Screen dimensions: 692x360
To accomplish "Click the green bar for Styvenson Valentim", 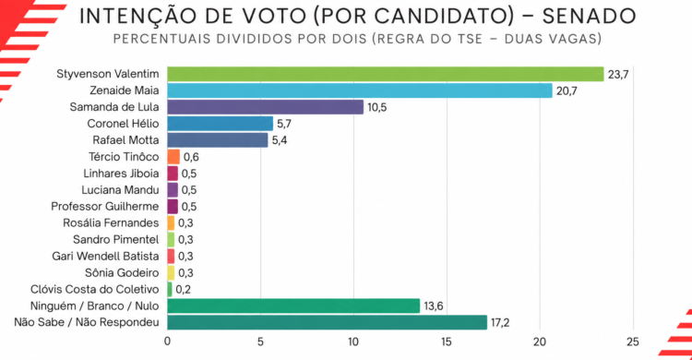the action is [386, 74].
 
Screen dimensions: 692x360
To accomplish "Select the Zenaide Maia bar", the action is [360, 90].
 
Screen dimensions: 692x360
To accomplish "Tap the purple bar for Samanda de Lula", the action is [265, 107].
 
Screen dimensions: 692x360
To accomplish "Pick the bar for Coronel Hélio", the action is [221, 124].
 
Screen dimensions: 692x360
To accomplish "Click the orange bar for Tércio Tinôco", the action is [173, 157].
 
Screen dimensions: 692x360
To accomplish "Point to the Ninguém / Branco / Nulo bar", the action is [293, 306].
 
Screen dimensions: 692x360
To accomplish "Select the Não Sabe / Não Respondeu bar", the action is [327, 322].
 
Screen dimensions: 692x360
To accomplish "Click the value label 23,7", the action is [618, 75].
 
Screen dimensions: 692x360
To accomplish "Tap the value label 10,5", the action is [376, 107].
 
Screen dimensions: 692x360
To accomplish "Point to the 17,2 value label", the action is [500, 323].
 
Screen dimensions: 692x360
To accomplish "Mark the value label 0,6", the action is [191, 157].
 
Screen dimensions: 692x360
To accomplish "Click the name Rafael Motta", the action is [125, 140].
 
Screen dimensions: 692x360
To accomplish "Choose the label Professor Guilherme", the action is [105, 206].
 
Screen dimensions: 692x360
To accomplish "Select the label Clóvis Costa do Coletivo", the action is [95, 289].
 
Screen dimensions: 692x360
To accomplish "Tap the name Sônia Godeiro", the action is [122, 272].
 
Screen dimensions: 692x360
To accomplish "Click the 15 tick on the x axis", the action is [447, 342].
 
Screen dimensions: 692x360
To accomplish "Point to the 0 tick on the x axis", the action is [167, 342].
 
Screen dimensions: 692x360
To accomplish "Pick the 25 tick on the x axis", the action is [632, 342].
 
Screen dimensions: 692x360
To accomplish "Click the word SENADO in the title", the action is [590, 16].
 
